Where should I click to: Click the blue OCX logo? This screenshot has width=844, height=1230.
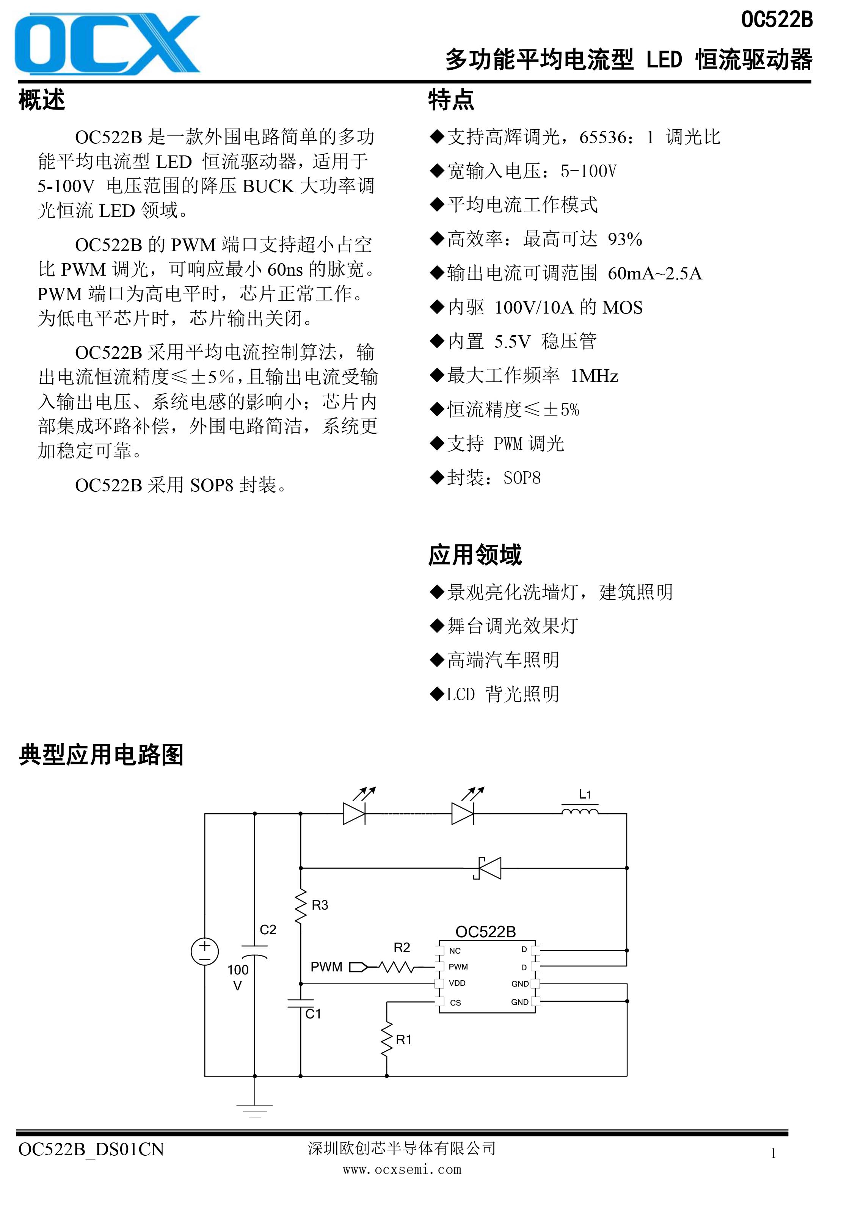[x=107, y=44]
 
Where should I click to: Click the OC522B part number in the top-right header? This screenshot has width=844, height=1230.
[x=776, y=20]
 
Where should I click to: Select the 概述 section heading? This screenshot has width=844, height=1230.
[x=42, y=100]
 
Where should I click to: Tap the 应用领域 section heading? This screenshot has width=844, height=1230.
[x=475, y=555]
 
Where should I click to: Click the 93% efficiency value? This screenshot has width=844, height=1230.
[x=625, y=239]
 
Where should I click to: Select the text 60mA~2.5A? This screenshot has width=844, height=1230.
[x=654, y=274]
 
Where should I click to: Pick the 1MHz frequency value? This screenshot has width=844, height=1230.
[x=594, y=376]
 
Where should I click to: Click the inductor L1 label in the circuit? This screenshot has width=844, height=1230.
[x=584, y=794]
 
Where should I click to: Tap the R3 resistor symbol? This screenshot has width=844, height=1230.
[x=301, y=907]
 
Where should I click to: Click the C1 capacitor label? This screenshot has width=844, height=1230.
[x=313, y=1014]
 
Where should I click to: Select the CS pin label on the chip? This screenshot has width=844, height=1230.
[x=456, y=1003]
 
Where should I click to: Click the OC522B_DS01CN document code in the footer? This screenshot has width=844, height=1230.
[x=91, y=1150]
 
